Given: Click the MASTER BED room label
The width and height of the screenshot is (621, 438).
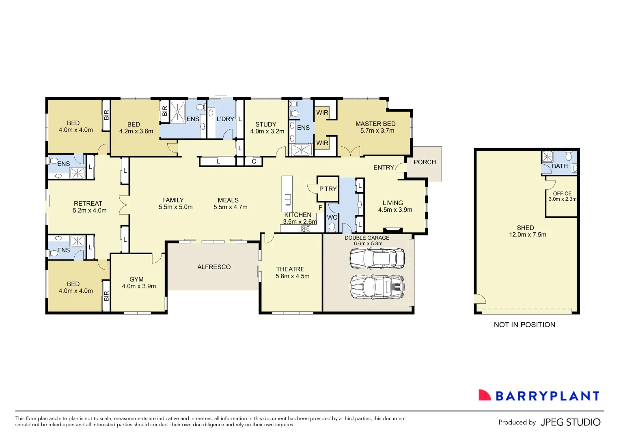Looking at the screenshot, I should (x=375, y=124).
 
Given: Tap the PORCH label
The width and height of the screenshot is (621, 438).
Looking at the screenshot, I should (x=425, y=162).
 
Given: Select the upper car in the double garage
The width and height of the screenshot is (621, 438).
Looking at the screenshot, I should (x=377, y=258).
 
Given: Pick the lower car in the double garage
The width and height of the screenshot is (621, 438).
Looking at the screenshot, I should (x=377, y=287).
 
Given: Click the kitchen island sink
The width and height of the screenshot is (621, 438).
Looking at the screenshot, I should (x=288, y=200).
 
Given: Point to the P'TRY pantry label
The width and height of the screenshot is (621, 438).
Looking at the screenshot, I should (x=328, y=189).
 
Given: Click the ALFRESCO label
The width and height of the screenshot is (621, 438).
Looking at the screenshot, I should (x=214, y=267).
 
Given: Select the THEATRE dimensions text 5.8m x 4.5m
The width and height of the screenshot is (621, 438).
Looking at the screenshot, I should (x=292, y=276).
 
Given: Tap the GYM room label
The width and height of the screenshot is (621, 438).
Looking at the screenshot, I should (x=136, y=279).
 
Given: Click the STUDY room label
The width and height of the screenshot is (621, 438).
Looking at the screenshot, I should (x=266, y=125).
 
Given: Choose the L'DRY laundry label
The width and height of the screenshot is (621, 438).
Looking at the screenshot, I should (x=225, y=119).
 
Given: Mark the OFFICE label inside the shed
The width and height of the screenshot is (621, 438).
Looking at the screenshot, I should (x=562, y=193).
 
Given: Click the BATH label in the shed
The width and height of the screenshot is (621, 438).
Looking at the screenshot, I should (x=560, y=166).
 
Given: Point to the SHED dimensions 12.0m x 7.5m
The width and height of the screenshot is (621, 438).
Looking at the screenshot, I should (x=528, y=235).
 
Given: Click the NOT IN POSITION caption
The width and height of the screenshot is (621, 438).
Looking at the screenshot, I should (x=524, y=325).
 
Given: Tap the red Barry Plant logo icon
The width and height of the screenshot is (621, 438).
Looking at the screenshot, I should (x=484, y=395).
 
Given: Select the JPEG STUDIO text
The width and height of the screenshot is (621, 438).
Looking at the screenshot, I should (x=570, y=422).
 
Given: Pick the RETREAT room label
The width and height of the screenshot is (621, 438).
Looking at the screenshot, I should (x=88, y=204).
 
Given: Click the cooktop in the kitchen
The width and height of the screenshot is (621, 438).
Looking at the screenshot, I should (x=306, y=229).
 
